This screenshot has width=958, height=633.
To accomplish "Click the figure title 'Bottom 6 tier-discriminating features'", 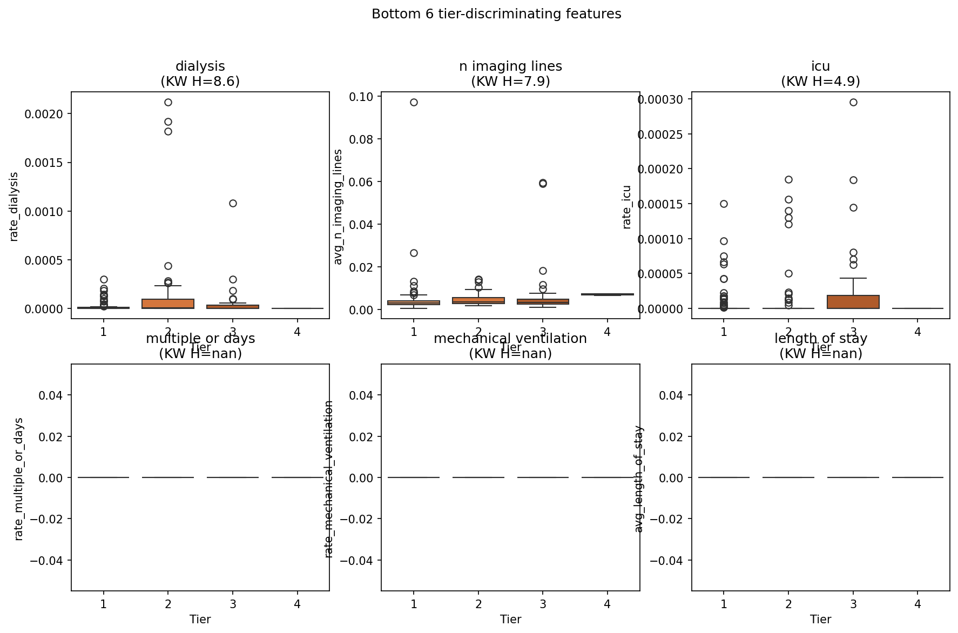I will click(x=496, y=15).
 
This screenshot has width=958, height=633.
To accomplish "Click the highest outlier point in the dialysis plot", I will click(x=168, y=102).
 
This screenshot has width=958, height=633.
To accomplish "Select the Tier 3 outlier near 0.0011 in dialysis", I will click(x=233, y=203).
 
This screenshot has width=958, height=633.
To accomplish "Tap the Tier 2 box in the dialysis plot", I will click(x=168, y=304).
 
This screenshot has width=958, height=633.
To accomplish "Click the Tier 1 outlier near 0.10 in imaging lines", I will click(x=414, y=102).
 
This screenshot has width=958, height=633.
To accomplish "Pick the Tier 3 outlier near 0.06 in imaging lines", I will click(x=543, y=184).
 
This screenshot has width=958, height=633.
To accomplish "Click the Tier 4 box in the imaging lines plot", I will click(x=608, y=294).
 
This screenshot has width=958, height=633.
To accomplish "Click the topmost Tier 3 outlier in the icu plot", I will click(x=853, y=102).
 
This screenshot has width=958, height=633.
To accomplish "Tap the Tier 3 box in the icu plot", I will click(x=853, y=302).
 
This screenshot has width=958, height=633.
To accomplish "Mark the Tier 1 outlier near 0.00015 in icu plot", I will click(x=724, y=204).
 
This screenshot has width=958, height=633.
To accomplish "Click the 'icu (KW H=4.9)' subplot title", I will click(x=820, y=73).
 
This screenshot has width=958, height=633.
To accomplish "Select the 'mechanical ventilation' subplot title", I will click(x=510, y=339).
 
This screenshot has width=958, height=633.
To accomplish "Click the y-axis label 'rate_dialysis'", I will click(x=14, y=207).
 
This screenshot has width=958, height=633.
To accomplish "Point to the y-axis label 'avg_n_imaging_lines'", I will click(x=339, y=207).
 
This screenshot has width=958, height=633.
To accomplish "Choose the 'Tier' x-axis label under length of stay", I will click(x=820, y=619).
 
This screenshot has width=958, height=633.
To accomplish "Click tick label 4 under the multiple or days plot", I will click(x=298, y=604).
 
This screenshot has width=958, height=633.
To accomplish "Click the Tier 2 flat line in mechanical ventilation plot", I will click(x=478, y=477).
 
